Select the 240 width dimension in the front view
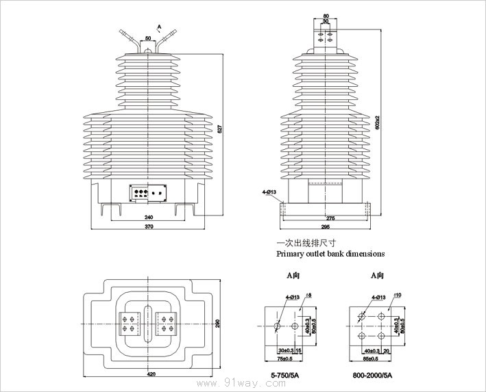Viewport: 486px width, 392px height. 149,217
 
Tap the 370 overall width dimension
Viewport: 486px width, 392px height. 149,226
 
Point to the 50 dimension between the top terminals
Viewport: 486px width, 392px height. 149,38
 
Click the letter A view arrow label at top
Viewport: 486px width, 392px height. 159,27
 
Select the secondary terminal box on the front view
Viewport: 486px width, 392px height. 149,192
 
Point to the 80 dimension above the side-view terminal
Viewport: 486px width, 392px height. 326,15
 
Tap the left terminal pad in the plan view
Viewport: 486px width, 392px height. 129,323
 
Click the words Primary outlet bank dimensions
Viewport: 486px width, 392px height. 330,253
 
